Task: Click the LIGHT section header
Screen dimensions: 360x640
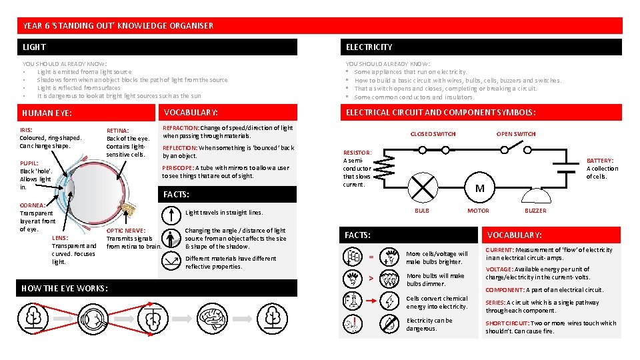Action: (x=34, y=47)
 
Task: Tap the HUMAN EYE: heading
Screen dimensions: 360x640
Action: (x=47, y=113)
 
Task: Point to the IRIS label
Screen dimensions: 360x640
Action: (x=26, y=130)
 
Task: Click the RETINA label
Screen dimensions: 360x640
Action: (x=117, y=131)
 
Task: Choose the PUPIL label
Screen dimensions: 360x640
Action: (x=29, y=163)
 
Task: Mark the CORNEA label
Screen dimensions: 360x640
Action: (x=33, y=205)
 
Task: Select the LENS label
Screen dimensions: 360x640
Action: (x=61, y=238)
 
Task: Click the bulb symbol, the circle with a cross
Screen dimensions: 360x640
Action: (x=421, y=187)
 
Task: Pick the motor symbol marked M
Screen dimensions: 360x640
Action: (x=479, y=189)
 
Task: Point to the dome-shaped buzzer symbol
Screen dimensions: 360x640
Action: (x=535, y=195)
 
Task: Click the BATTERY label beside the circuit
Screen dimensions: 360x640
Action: (x=600, y=161)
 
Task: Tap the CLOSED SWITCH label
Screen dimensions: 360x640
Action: (x=433, y=134)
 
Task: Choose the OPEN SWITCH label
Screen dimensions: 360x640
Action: (x=516, y=134)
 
